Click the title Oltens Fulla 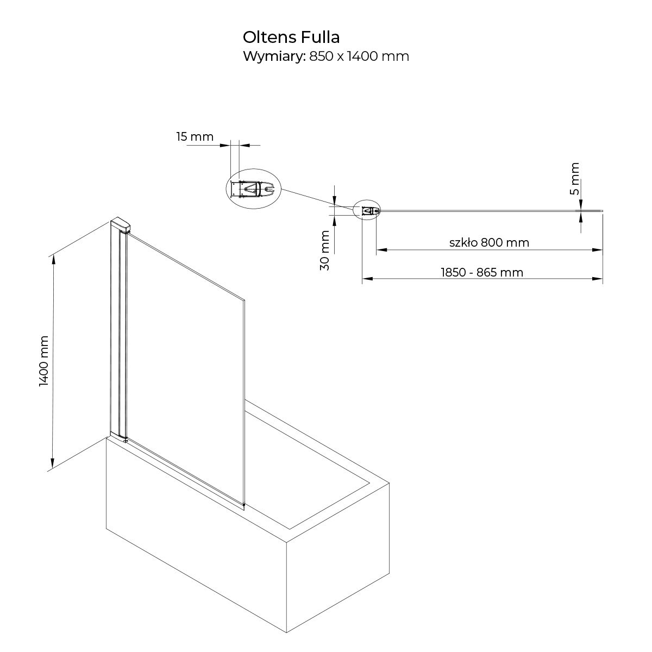pos(291,37)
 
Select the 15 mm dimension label pos(195,137)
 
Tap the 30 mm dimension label pos(324,250)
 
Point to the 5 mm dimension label pos(574,179)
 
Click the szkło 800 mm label pos(489,242)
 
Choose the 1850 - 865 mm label pos(482,272)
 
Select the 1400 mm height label pos(44,361)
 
